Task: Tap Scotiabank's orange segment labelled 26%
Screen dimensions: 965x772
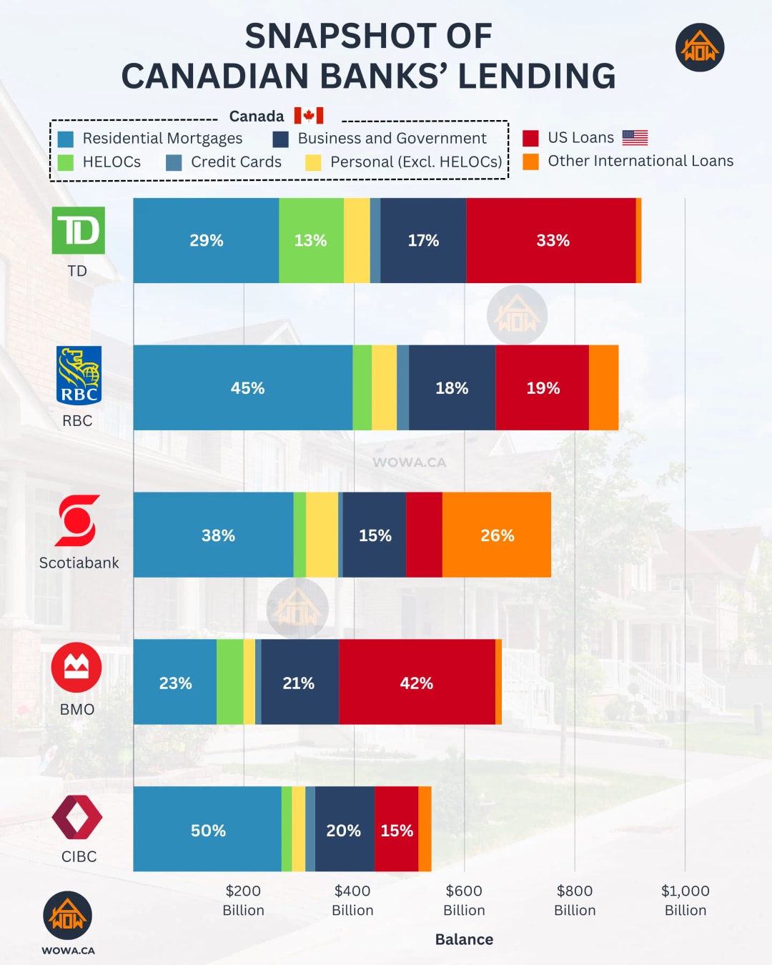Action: (x=497, y=535)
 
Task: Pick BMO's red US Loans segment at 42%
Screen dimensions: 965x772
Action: (x=417, y=682)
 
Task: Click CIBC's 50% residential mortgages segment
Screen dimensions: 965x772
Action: (x=207, y=829)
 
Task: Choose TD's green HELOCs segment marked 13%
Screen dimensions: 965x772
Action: (x=311, y=240)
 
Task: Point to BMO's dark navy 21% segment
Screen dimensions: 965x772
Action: (x=300, y=682)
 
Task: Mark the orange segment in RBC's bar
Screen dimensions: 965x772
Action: (x=603, y=387)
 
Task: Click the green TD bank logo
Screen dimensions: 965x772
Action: (x=79, y=230)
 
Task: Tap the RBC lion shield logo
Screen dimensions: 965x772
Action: (x=79, y=375)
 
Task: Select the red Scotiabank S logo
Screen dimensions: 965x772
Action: (x=77, y=520)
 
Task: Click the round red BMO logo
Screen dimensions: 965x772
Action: (x=76, y=667)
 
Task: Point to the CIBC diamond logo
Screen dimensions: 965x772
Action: (x=77, y=816)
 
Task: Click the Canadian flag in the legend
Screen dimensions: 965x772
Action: (x=309, y=116)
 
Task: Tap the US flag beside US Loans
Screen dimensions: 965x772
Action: (x=635, y=137)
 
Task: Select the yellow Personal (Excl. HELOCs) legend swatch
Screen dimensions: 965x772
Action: (x=313, y=162)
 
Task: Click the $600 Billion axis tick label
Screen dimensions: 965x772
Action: (x=464, y=900)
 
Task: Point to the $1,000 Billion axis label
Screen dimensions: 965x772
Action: (x=685, y=900)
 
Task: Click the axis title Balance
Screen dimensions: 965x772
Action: (x=464, y=939)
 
